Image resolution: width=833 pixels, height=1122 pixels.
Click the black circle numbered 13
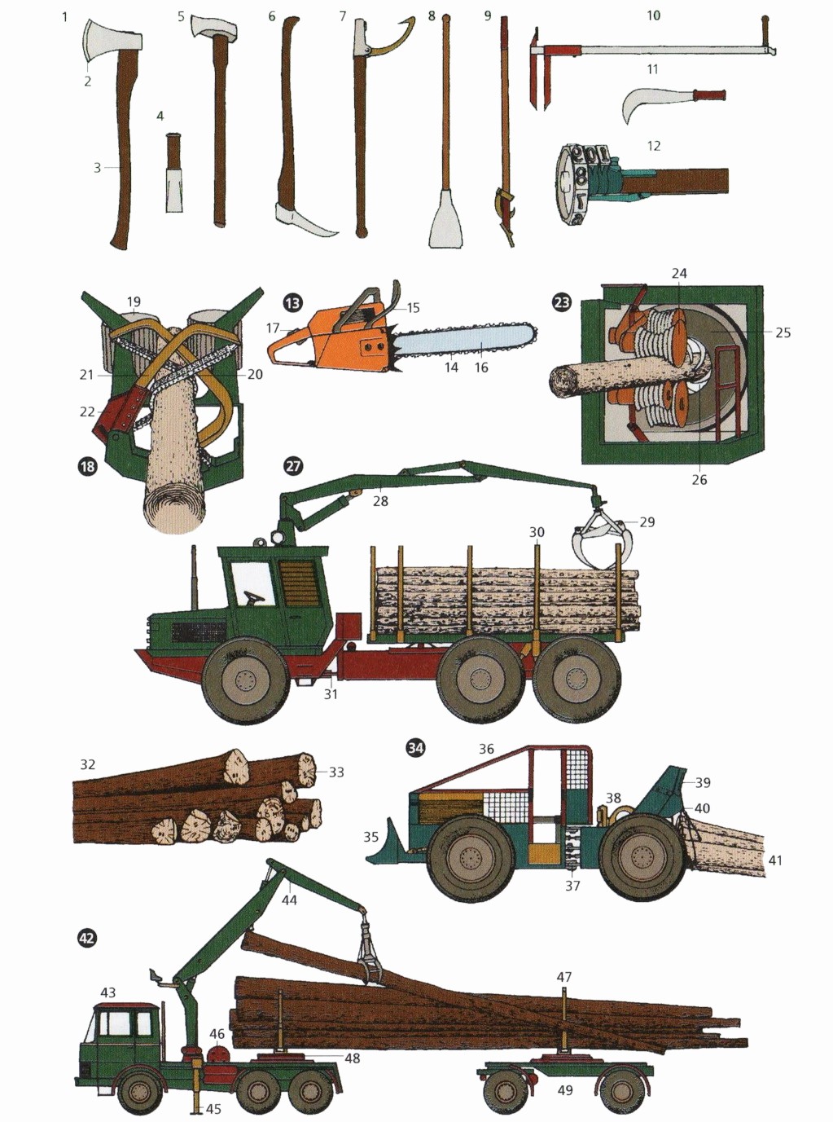(293, 303)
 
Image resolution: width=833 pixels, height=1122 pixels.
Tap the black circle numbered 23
(562, 302)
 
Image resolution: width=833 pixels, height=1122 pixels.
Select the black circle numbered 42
(87, 938)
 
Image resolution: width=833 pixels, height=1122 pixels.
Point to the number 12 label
(653, 146)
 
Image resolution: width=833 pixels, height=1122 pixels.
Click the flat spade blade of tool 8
(446, 218)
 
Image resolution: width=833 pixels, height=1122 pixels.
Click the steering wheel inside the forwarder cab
(254, 597)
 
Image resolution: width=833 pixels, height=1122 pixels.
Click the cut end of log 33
(305, 771)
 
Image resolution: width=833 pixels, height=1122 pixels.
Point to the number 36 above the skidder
(486, 749)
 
